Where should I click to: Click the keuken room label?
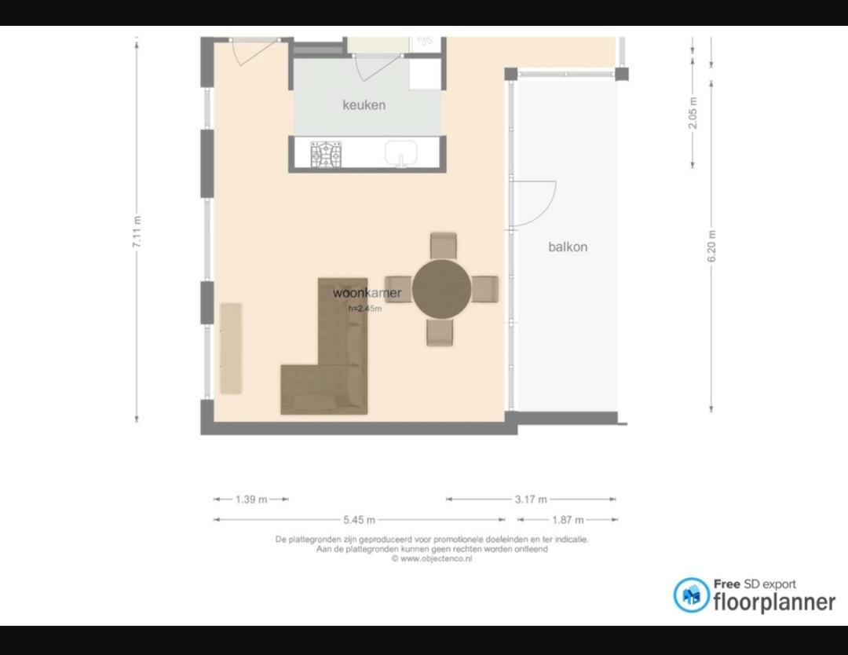tap(364, 105)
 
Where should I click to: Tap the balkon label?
tap(568, 247)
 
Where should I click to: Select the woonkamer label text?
tap(367, 293)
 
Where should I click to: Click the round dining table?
tap(441, 288)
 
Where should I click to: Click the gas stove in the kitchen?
tap(326, 154)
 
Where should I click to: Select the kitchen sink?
tap(400, 154)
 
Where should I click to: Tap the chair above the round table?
tap(444, 246)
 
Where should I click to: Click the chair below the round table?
tap(440, 332)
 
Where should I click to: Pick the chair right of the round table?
tap(485, 289)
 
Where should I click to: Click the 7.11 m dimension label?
tap(137, 232)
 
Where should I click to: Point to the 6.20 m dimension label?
tap(711, 246)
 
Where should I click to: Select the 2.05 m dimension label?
tap(693, 113)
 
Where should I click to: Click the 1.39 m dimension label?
tap(251, 499)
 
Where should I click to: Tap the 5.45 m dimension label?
tap(359, 520)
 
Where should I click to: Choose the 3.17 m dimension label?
tap(531, 499)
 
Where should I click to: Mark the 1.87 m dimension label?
tap(568, 520)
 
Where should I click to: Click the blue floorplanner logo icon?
tap(691, 595)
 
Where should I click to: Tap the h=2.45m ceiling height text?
tap(365, 309)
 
